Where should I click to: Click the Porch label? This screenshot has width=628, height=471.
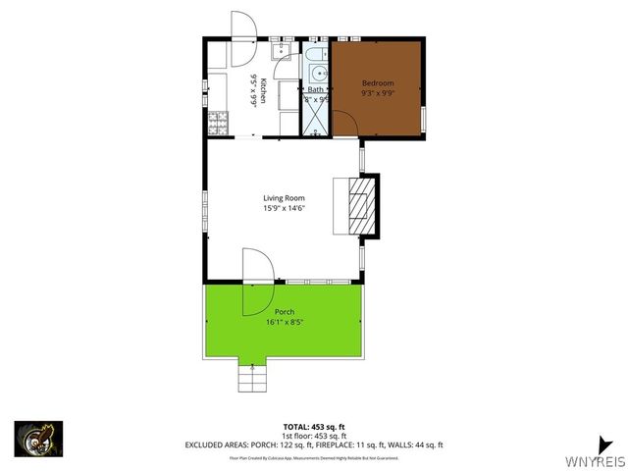[x=284, y=312]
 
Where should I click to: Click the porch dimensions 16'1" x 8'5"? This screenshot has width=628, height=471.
[x=284, y=322]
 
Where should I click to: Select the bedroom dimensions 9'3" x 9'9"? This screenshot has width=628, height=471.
[x=378, y=94]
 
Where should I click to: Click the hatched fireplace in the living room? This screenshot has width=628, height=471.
[x=361, y=206]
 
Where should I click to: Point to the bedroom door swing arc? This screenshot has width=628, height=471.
[x=343, y=123]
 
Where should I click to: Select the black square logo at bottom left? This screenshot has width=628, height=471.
[x=38, y=438]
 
